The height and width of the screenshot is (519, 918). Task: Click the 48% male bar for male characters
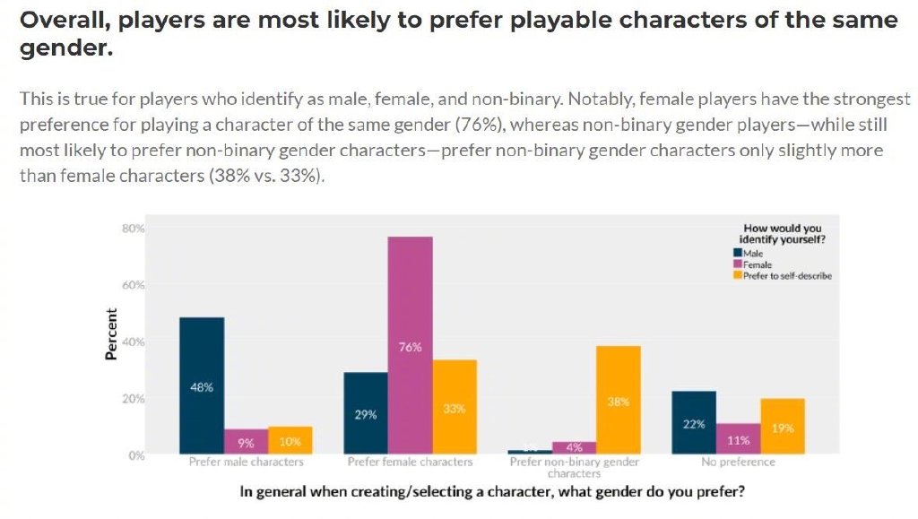202,385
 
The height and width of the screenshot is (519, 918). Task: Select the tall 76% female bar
410,345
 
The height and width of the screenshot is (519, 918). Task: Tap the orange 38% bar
619,400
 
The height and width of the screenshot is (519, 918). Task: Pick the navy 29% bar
366,412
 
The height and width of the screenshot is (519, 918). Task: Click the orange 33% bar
455,407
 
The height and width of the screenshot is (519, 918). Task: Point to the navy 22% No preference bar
694,422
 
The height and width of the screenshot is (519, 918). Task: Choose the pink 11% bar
738,438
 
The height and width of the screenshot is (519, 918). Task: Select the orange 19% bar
783,427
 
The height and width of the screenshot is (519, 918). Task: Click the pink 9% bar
246,441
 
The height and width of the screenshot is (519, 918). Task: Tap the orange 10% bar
290,440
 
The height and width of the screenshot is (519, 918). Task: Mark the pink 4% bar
575,447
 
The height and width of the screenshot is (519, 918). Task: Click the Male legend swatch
738,254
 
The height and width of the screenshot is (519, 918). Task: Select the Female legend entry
753,264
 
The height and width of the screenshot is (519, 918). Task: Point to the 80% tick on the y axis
133,229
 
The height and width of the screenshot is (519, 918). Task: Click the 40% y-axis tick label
133,342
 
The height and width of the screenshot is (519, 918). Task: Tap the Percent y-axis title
111,334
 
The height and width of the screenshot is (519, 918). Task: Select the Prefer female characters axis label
410,463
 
